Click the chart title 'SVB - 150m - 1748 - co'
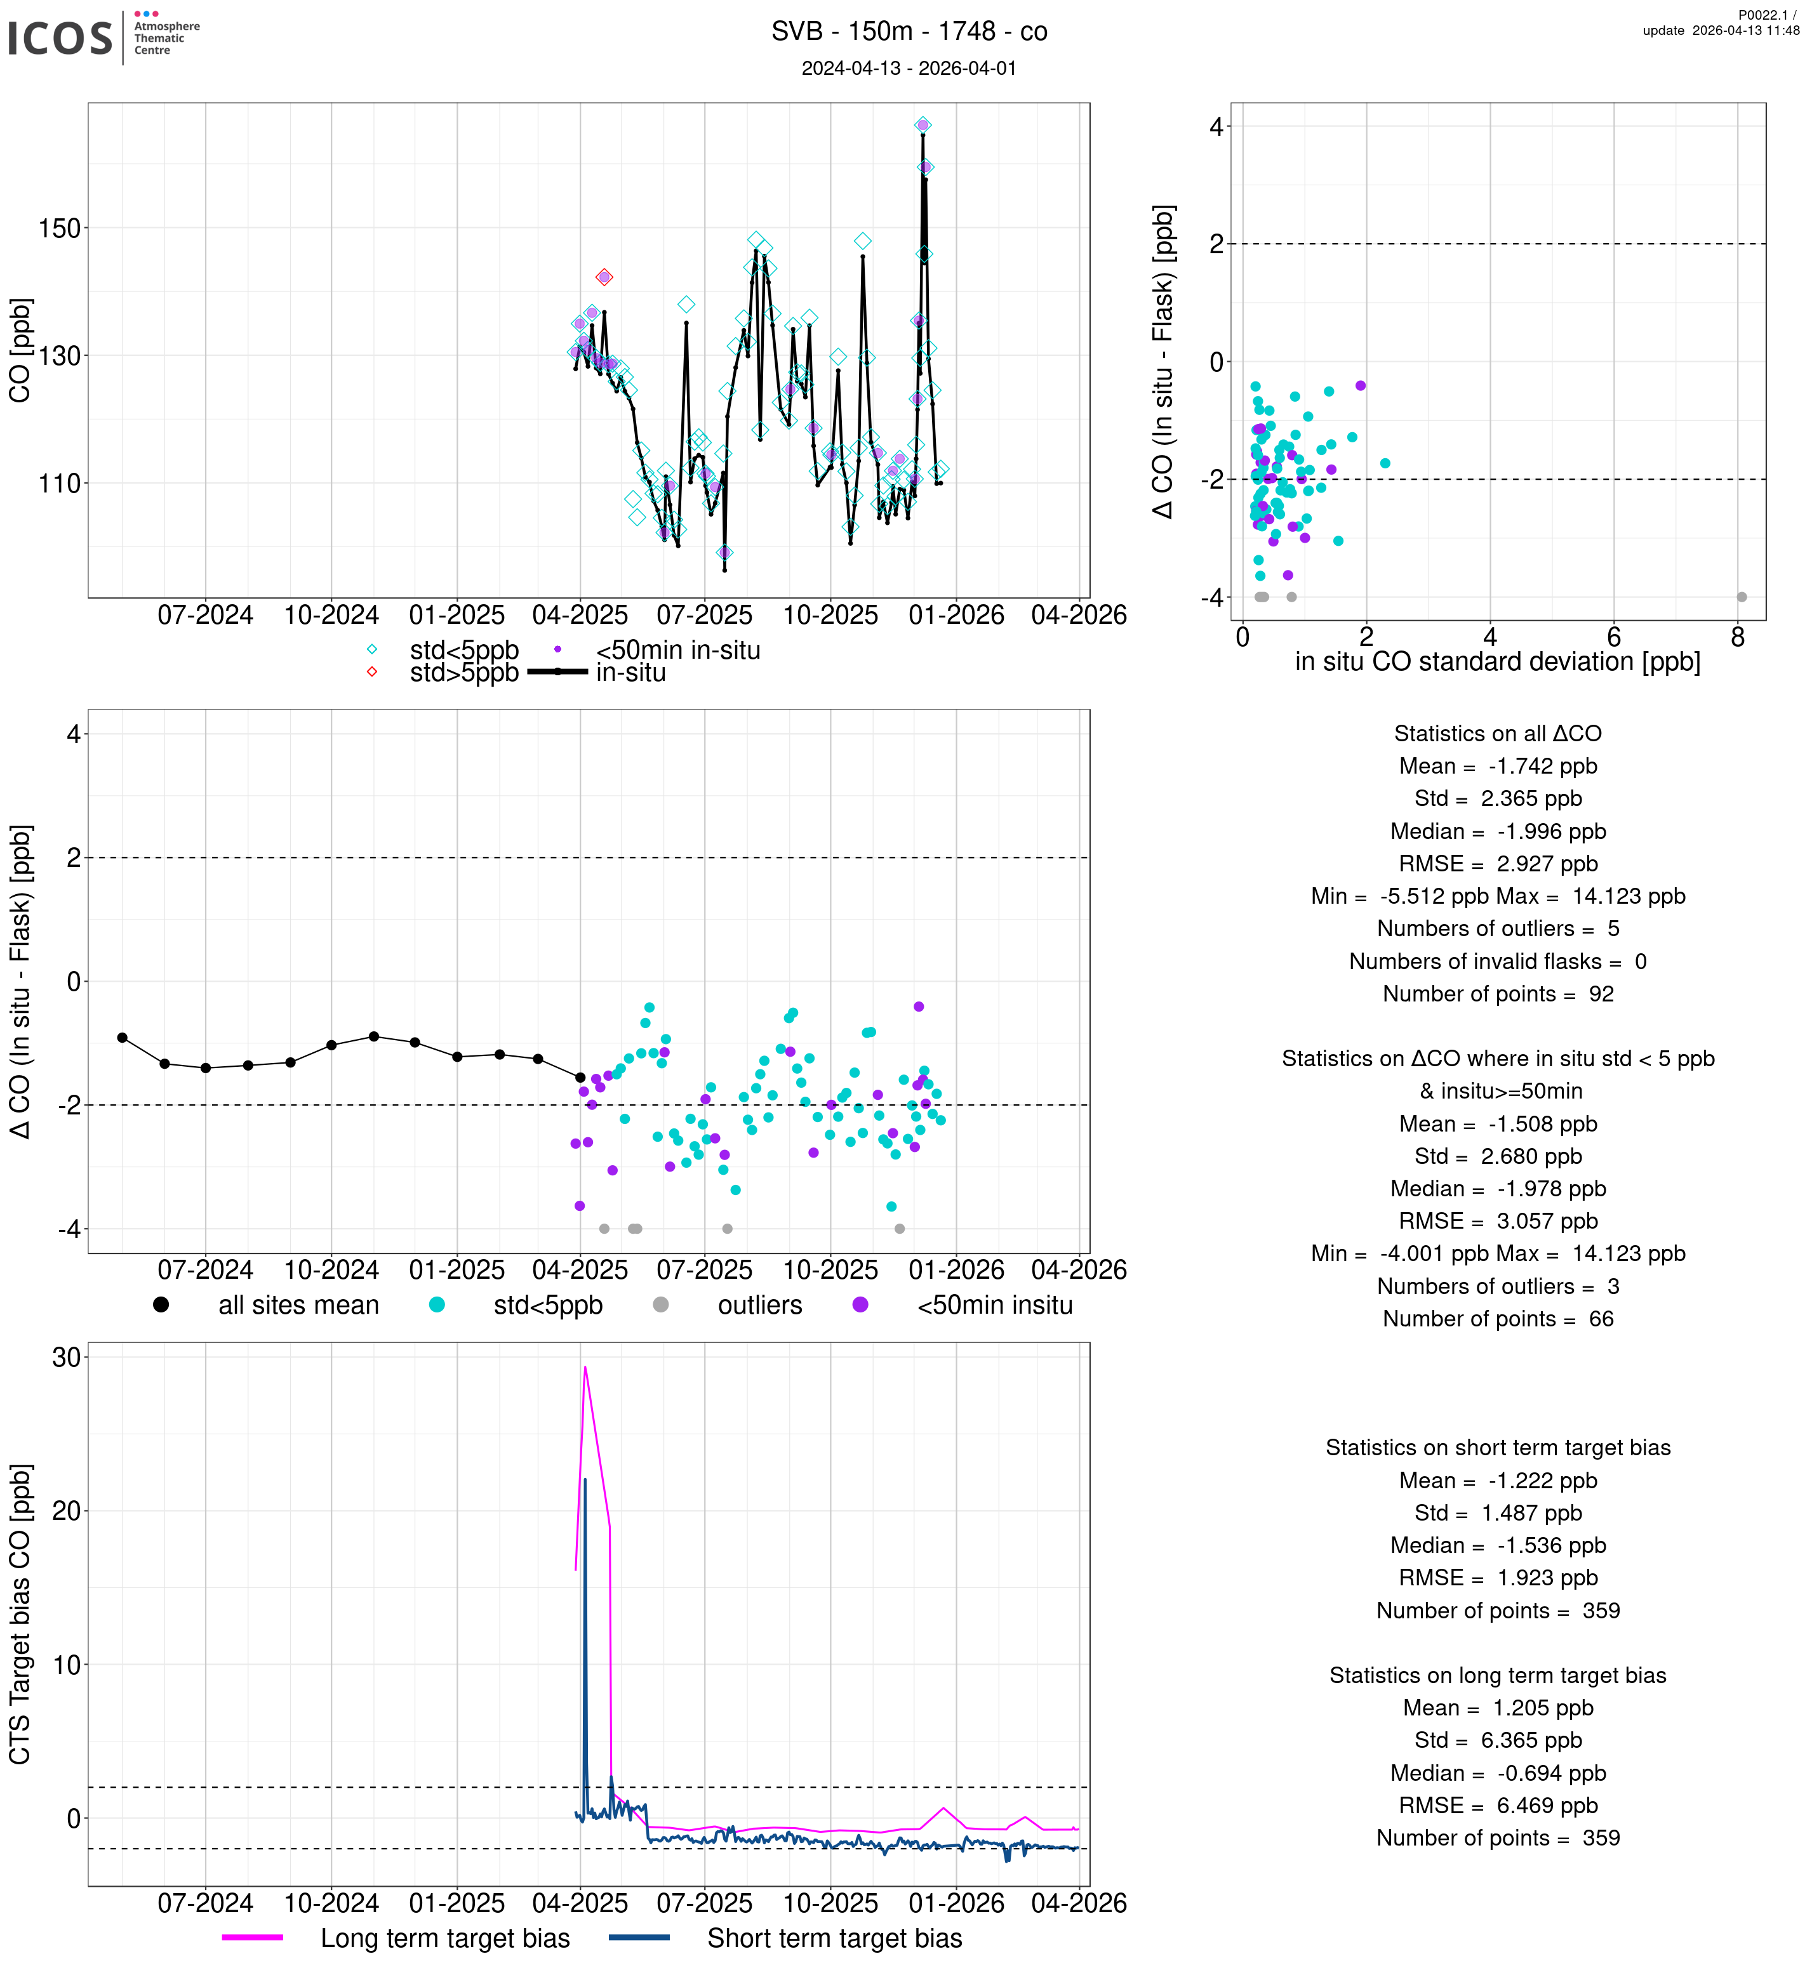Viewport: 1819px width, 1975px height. [x=909, y=32]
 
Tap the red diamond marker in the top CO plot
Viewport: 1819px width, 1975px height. [x=604, y=277]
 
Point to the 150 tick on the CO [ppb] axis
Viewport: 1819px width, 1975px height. [x=59, y=228]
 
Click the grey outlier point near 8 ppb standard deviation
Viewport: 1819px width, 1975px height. [x=1742, y=597]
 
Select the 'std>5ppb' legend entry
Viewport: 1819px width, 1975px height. [x=463, y=673]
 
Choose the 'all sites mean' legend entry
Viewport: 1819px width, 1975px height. [x=298, y=1306]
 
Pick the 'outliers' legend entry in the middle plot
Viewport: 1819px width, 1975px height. [x=760, y=1306]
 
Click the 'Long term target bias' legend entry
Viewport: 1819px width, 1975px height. [x=445, y=1939]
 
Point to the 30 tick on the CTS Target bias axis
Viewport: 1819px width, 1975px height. [x=66, y=1358]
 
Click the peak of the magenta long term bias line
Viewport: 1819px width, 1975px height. [x=585, y=1367]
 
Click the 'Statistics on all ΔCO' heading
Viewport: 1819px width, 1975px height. [x=1497, y=734]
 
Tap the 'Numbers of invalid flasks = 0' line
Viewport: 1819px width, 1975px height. [x=1497, y=961]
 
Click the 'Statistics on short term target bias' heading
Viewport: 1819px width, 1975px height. [x=1497, y=1448]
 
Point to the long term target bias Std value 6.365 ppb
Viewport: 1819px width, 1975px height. [x=1531, y=1741]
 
